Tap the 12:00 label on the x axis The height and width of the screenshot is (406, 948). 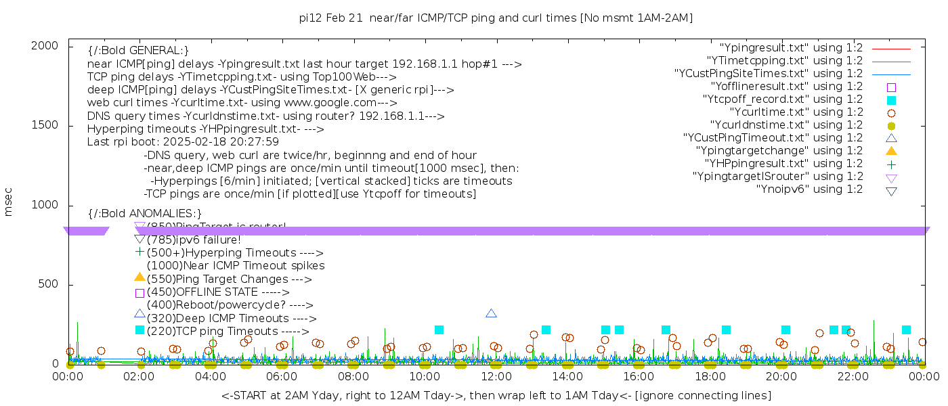(x=496, y=376)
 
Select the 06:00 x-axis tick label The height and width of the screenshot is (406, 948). (x=282, y=376)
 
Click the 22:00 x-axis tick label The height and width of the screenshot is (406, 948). (x=852, y=376)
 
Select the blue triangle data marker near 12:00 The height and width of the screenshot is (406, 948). (x=492, y=313)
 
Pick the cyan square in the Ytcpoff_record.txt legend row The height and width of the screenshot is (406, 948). (x=892, y=99)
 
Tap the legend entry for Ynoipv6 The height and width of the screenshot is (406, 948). (x=809, y=189)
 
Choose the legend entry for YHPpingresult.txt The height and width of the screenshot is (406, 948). (x=783, y=164)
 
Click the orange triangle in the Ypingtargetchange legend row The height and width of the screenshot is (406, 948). (x=892, y=151)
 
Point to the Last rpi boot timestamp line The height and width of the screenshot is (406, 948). (x=183, y=143)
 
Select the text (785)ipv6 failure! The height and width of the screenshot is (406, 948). (x=194, y=240)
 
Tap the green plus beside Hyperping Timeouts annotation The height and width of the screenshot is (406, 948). (x=140, y=252)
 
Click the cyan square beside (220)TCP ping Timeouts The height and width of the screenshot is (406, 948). (x=140, y=330)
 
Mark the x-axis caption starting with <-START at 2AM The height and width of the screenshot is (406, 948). (x=496, y=395)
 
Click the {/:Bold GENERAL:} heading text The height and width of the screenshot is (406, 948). (x=138, y=51)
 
